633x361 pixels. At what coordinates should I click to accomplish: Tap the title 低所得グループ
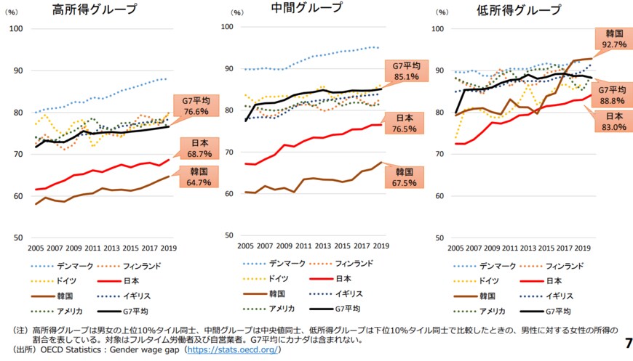(519, 10)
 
